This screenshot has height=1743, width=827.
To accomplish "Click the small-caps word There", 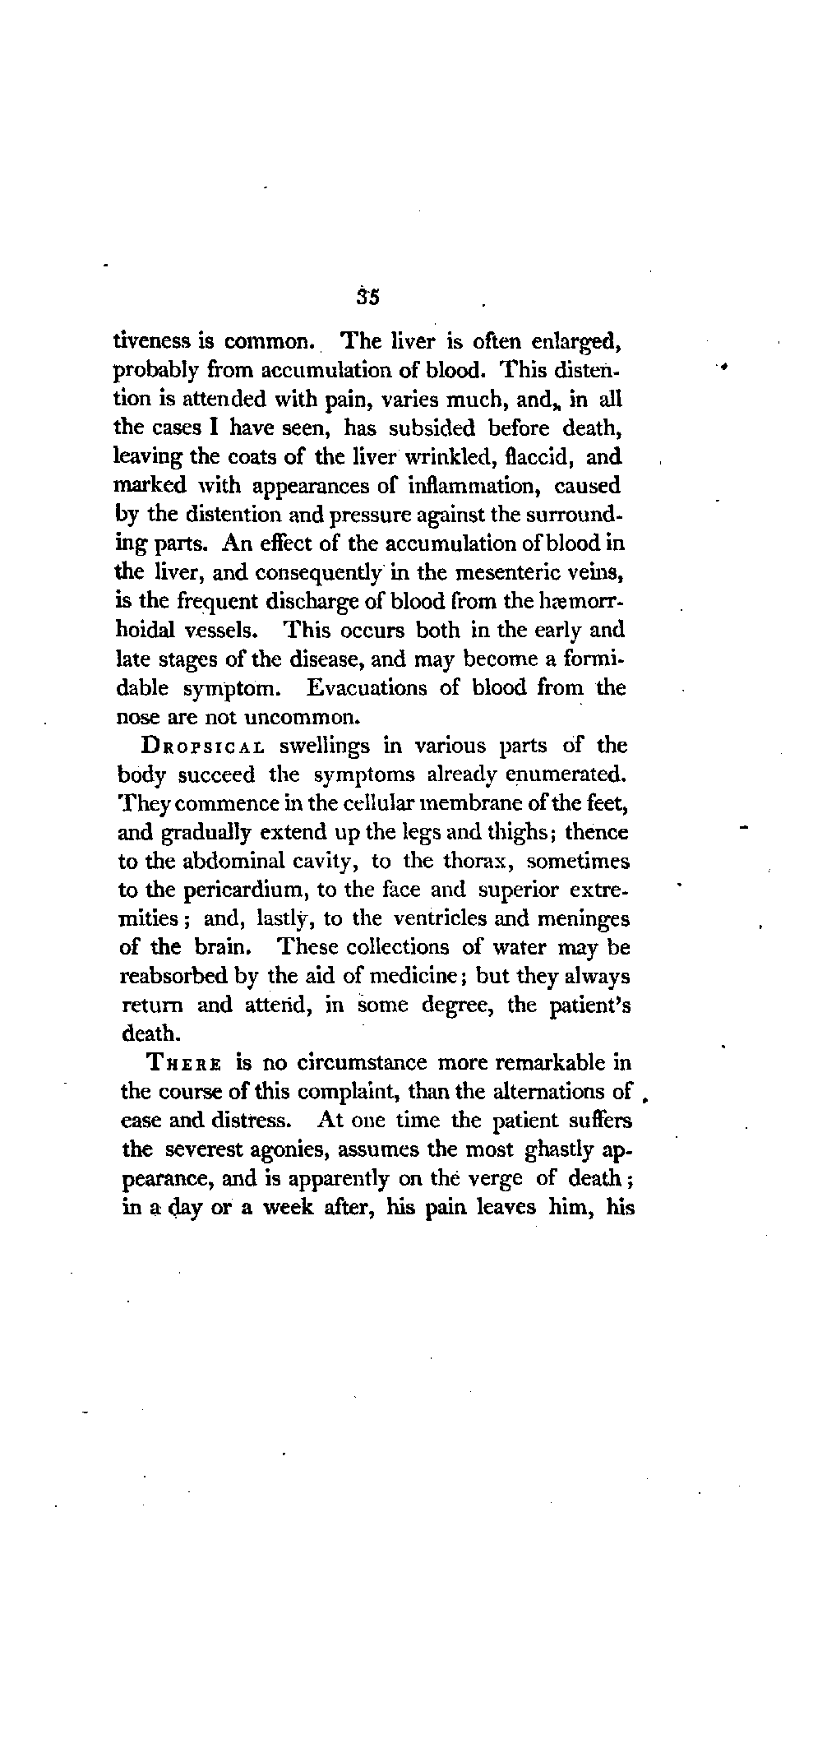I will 183,1062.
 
